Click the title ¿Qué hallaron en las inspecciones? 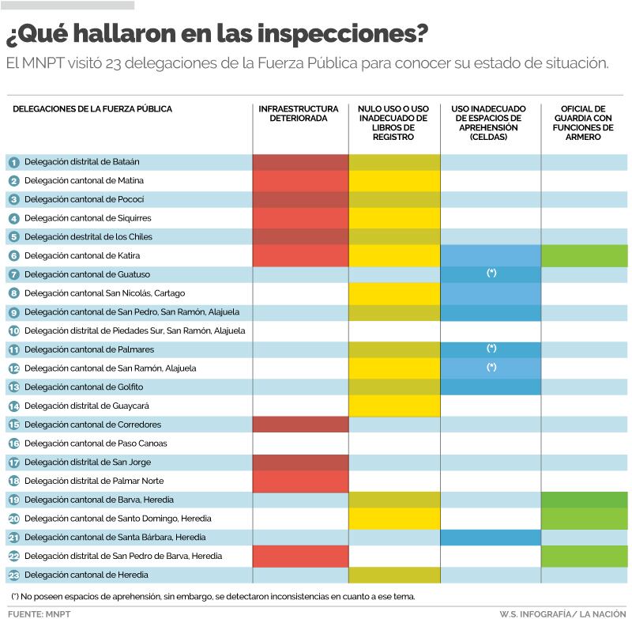pos(217,34)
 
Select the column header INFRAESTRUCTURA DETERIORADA pos(299,114)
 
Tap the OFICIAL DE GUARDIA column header pos(583,123)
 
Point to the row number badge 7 pos(13,274)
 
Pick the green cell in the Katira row pos(584,255)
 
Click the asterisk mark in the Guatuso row pos(491,274)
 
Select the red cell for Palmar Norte pos(300,481)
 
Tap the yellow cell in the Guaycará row pos(394,406)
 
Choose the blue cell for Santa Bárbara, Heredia pos(491,537)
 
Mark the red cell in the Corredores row pos(300,425)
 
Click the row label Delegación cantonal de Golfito pos(84,387)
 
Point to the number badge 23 pos(13,575)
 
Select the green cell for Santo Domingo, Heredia pos(584,519)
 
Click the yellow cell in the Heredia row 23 pos(394,575)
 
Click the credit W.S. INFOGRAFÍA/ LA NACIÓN pos(562,613)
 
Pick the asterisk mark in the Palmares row pos(491,349)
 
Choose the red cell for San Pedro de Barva pos(300,556)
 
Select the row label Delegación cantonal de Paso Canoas pos(96,443)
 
